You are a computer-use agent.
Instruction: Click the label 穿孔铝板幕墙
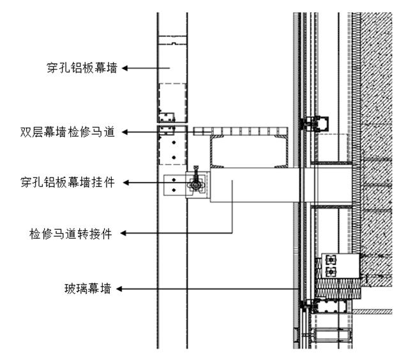[x=82, y=67]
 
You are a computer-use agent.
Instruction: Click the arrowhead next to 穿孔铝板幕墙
[x=126, y=67]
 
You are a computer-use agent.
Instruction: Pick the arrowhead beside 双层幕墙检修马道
[x=125, y=132]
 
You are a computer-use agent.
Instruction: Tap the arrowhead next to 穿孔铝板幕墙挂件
[x=126, y=183]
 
